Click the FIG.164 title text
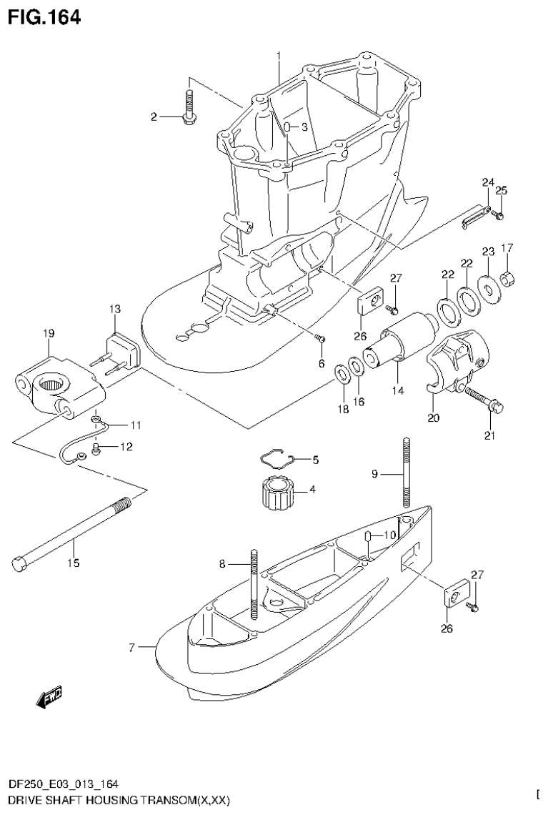coord(44,16)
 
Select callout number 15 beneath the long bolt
coord(73,563)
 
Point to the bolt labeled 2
coord(189,107)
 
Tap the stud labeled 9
coord(406,473)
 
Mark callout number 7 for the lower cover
coord(131,648)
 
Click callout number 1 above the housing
coord(279,55)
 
